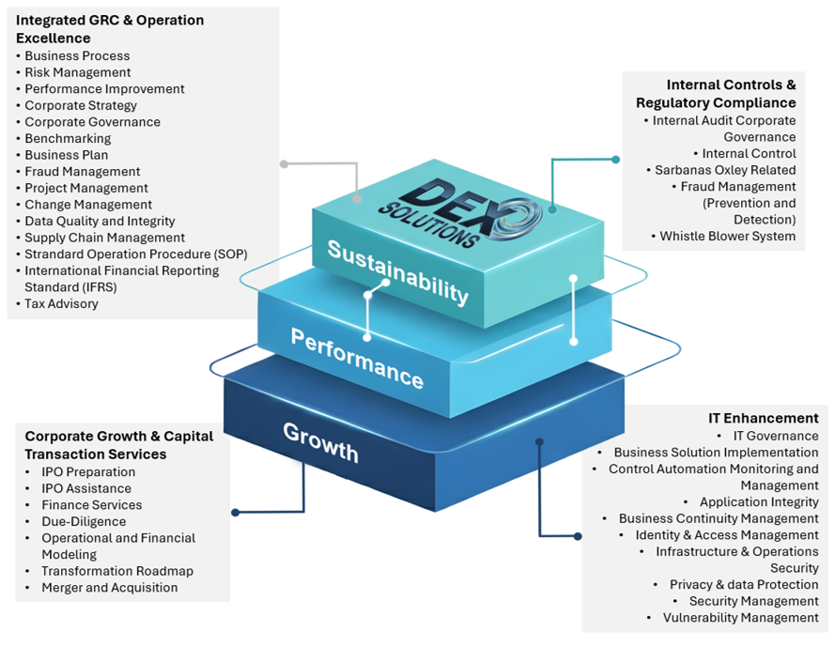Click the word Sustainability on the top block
point(397,272)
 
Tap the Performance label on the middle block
point(357,358)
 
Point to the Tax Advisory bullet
point(61,304)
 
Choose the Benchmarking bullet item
point(68,139)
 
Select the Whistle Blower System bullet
point(727,237)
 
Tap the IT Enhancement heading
point(763,418)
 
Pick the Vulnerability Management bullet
point(740,618)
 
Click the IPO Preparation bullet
point(88,472)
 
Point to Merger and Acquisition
point(109,588)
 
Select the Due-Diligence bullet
point(84,522)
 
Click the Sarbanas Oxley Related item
point(724,170)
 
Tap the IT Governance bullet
point(775,436)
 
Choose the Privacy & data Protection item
point(744,585)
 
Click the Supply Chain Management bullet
point(104,238)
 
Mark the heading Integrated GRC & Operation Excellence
point(109,29)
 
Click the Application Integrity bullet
point(759,502)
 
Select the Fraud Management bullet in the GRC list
point(83,172)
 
